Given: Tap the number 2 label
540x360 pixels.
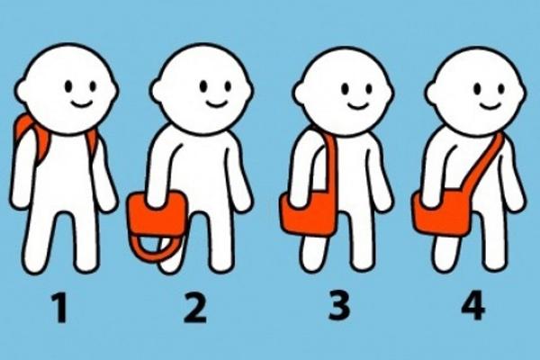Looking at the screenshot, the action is (195, 308).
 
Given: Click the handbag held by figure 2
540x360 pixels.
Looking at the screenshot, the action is (157, 213).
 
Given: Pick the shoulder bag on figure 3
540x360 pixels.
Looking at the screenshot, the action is (308, 213).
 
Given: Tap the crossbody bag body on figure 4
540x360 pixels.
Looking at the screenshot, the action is (442, 212).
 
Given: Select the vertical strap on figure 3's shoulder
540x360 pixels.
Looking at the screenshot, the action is (330, 162).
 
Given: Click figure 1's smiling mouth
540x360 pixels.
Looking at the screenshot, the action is (80, 103).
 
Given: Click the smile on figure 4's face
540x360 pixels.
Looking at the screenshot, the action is (490, 104).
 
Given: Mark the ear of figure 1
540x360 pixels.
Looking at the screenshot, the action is (22, 90).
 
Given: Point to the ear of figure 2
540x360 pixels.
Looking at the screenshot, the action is (157, 91).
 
